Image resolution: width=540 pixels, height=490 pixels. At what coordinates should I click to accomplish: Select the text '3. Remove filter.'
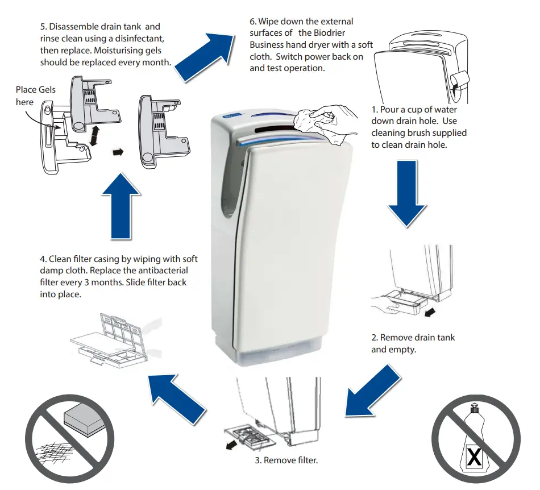[286, 460]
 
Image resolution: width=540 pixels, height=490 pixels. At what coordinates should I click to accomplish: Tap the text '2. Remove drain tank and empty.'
[413, 343]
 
